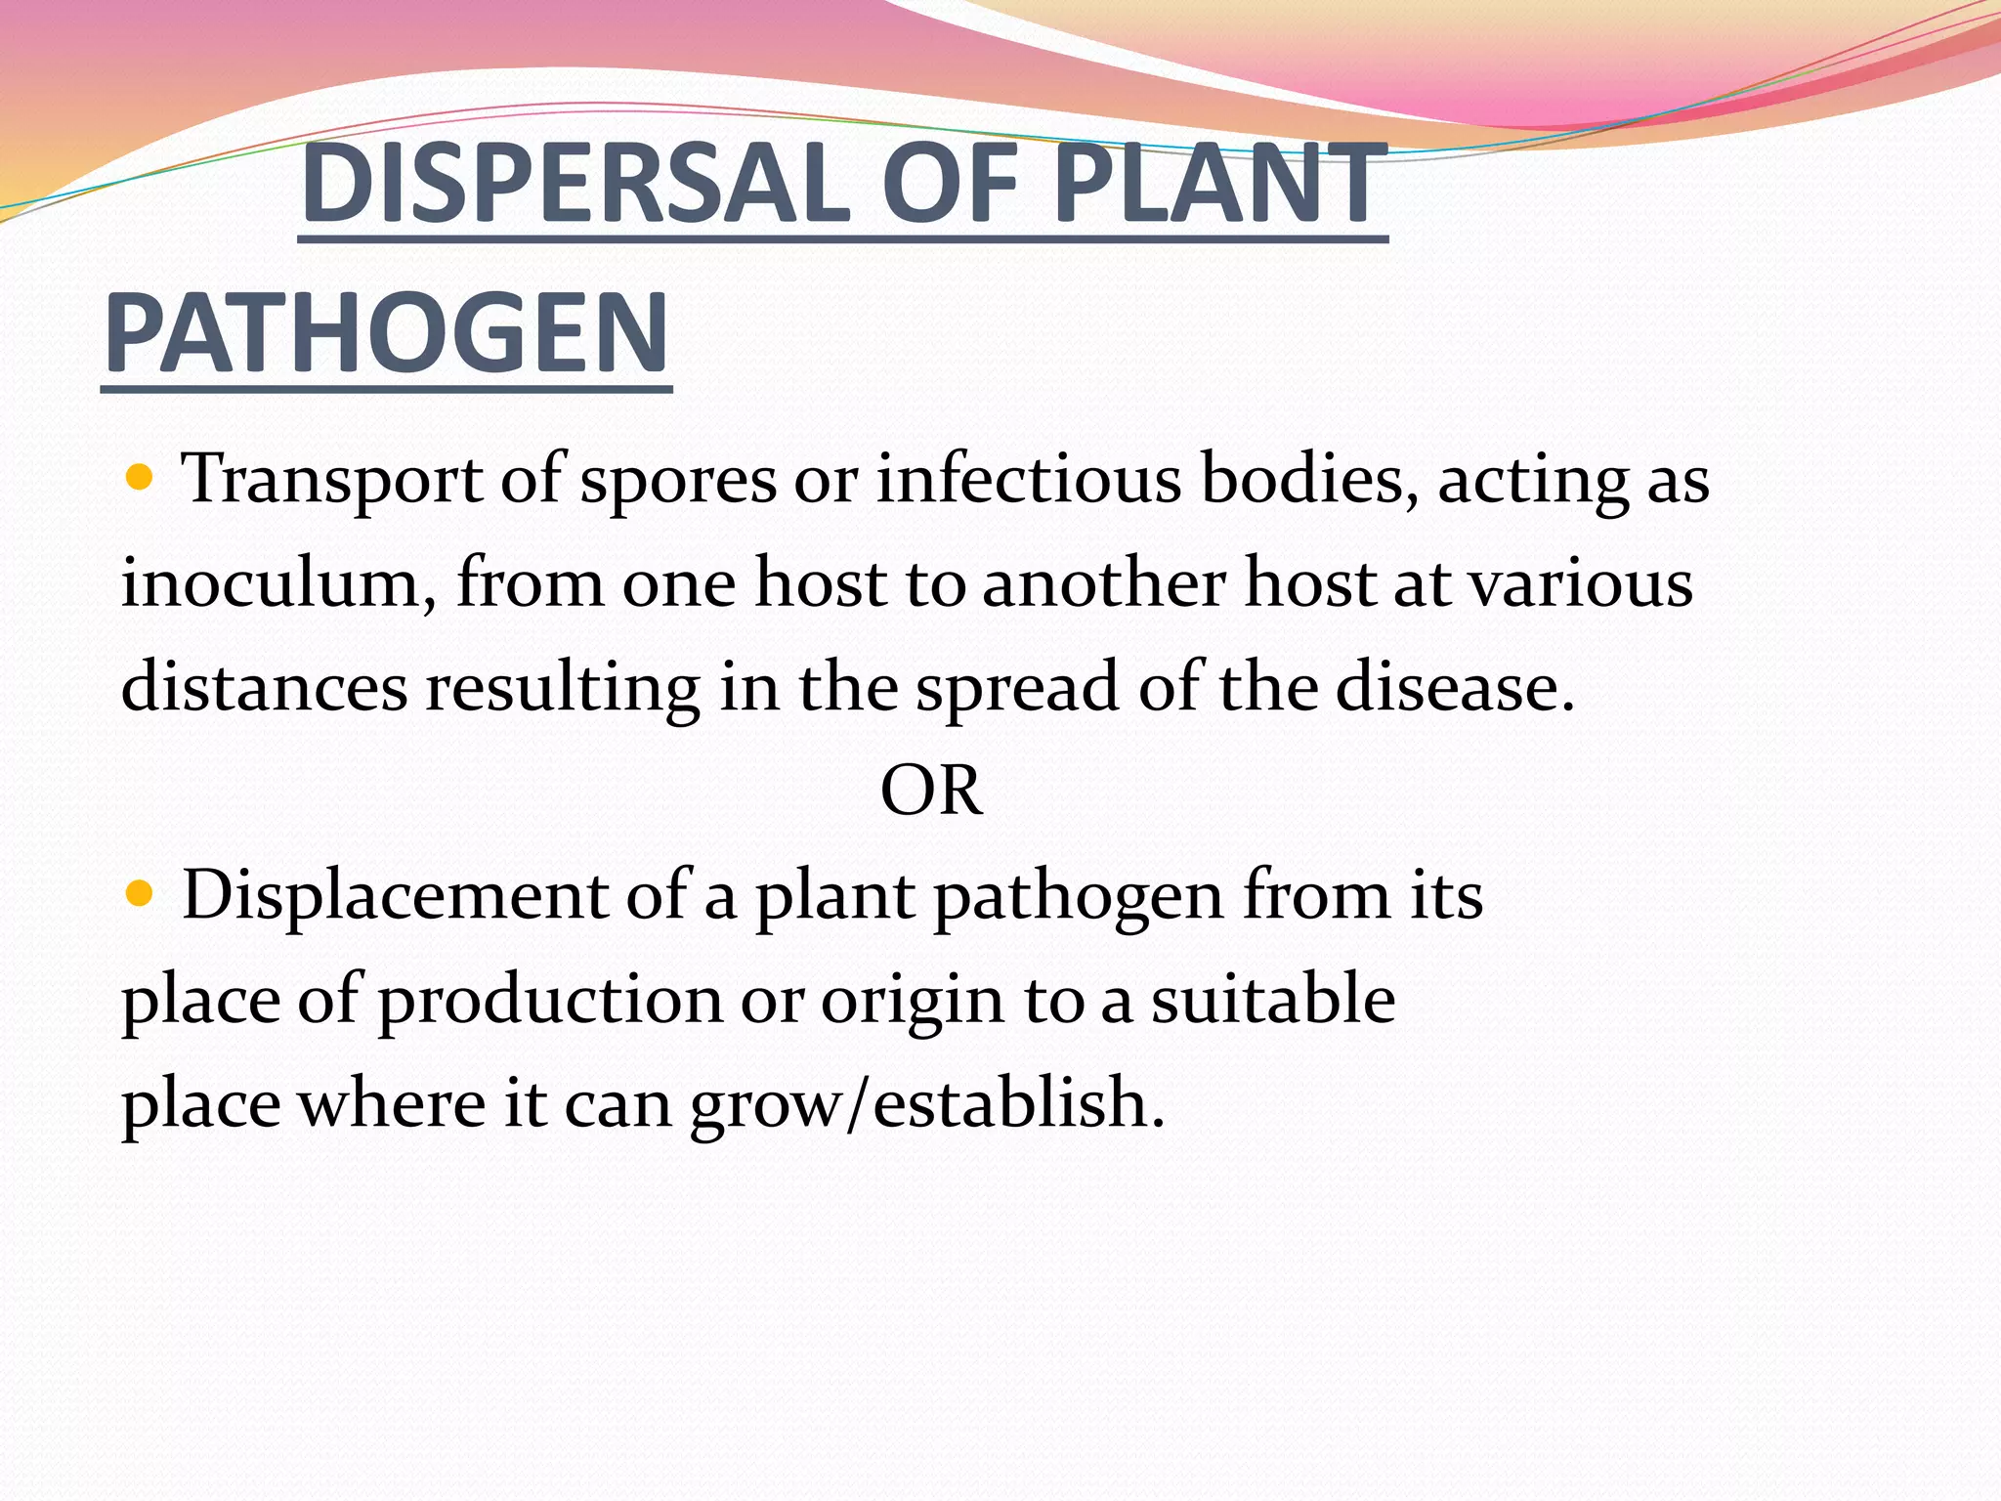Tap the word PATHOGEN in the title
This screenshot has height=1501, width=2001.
point(387,333)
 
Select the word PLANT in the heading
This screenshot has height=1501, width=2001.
point(1220,184)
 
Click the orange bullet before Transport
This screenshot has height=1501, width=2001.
point(141,478)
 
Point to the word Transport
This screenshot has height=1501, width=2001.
point(332,480)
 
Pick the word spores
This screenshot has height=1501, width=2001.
point(678,482)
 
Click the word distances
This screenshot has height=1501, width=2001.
point(264,686)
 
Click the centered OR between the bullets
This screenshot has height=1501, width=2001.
point(930,791)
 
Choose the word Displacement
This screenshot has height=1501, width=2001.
point(395,895)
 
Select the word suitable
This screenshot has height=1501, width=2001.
point(1272,999)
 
